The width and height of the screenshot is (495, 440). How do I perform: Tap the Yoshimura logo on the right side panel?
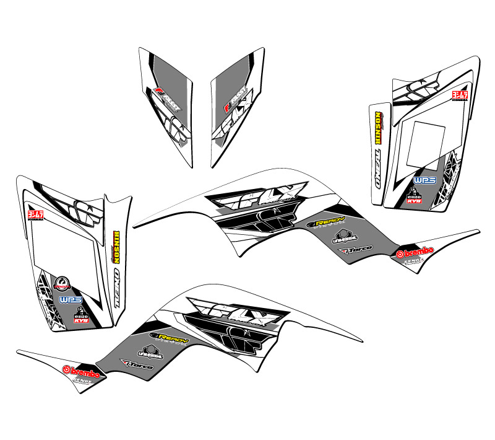[458, 97]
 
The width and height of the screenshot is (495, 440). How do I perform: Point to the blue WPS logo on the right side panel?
[425, 180]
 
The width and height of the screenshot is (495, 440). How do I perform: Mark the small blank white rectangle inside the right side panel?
[428, 140]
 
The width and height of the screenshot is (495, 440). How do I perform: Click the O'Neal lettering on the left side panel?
[115, 286]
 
